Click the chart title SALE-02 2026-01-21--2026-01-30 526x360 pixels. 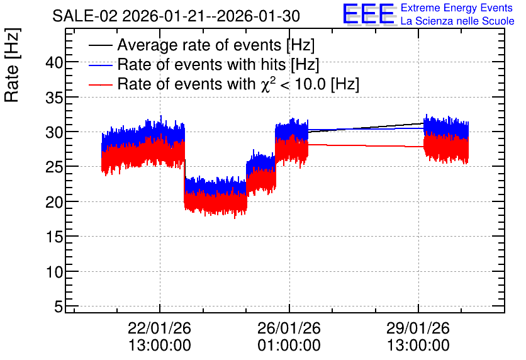(176, 16)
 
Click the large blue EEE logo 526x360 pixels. (369, 14)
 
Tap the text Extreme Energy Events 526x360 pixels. (457, 8)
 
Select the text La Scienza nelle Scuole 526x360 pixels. (457, 21)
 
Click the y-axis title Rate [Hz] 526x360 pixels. (12, 65)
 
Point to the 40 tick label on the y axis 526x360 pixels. (54, 63)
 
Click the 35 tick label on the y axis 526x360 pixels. (54, 98)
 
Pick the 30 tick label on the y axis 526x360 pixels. (54, 133)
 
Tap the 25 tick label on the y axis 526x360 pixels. (54, 167)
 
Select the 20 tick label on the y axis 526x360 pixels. (54, 202)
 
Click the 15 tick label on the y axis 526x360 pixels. (54, 237)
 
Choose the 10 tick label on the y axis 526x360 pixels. (54, 272)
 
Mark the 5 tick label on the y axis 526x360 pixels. (59, 307)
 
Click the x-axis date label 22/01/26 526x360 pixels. (160, 328)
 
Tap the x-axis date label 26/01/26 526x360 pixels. (289, 328)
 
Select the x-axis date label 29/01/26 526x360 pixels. (418, 328)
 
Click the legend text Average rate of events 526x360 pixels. (199, 45)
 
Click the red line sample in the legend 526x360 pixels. (100, 85)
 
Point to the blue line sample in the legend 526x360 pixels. (100, 65)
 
